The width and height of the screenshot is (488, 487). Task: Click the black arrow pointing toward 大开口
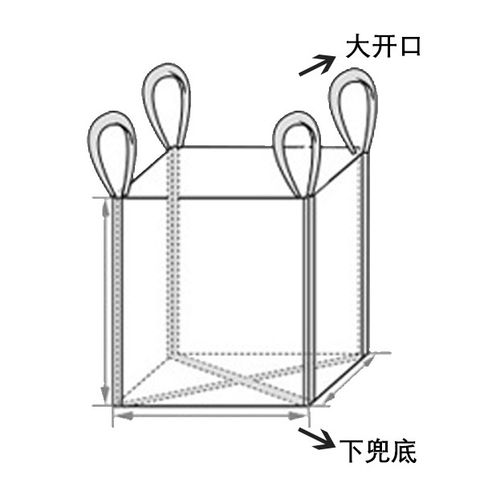(x=316, y=64)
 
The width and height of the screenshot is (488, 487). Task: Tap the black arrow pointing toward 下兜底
(x=315, y=438)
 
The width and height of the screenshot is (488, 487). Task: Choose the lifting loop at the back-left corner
(x=166, y=104)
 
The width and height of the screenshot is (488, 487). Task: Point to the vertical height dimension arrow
(x=105, y=301)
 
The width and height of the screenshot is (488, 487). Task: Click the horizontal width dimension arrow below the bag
(x=210, y=416)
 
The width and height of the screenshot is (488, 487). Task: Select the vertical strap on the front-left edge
(x=120, y=301)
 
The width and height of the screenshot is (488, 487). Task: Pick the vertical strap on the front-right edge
(x=307, y=301)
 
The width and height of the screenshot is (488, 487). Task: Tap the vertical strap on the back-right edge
(x=366, y=257)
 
